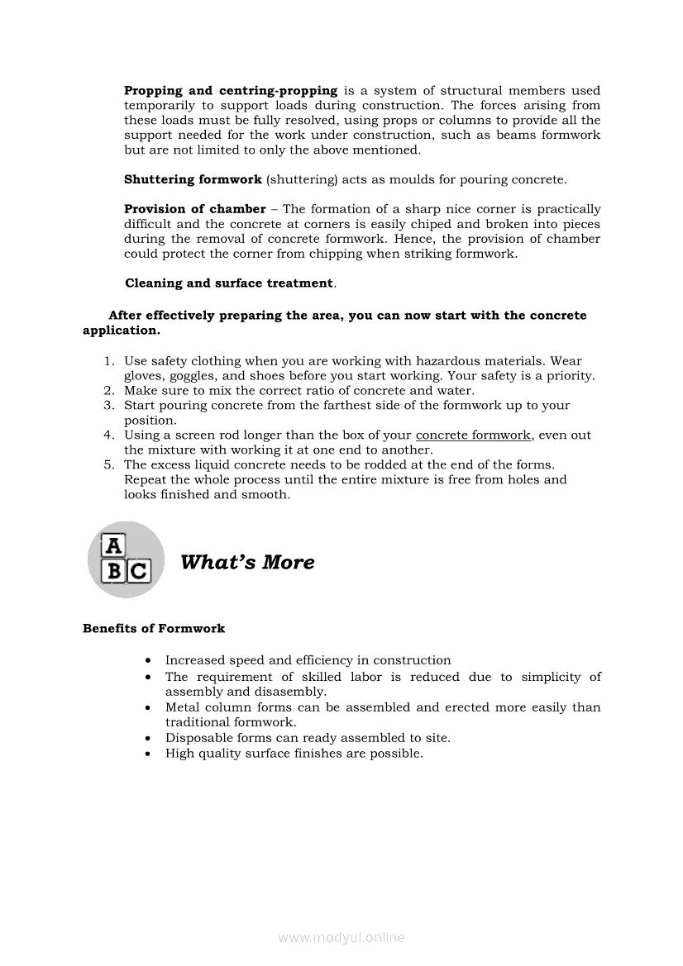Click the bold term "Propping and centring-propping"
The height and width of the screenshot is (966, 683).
pyautogui.click(x=231, y=91)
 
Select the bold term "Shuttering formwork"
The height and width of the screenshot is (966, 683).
pyautogui.click(x=193, y=179)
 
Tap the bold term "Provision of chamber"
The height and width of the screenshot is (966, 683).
pyautogui.click(x=195, y=209)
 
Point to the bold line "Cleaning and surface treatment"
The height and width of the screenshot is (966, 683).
pyautogui.click(x=228, y=283)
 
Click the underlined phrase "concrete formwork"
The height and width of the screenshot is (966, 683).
pyautogui.click(x=473, y=435)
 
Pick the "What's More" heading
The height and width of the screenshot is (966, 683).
pyautogui.click(x=247, y=563)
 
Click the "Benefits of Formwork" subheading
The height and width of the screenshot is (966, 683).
pyautogui.click(x=154, y=629)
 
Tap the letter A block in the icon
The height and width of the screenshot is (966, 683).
pyautogui.click(x=112, y=545)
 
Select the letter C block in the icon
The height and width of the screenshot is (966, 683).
pyautogui.click(x=139, y=571)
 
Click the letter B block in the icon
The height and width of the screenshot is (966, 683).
pyautogui.click(x=113, y=571)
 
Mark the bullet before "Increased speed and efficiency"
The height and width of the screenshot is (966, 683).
pyautogui.click(x=146, y=661)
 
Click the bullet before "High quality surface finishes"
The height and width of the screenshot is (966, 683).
pyautogui.click(x=146, y=754)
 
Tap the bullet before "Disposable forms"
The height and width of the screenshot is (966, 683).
pyautogui.click(x=146, y=739)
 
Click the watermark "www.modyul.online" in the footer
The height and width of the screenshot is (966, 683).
pyautogui.click(x=341, y=937)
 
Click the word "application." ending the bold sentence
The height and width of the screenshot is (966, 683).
pyautogui.click(x=121, y=331)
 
